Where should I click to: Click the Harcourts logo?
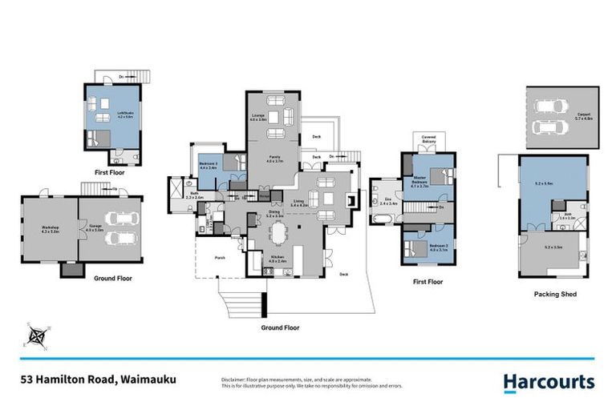[549, 382]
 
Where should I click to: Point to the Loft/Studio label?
[124, 113]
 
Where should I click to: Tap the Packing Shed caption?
[554, 294]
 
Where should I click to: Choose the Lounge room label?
[259, 119]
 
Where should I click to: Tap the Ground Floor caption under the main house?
[280, 328]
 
